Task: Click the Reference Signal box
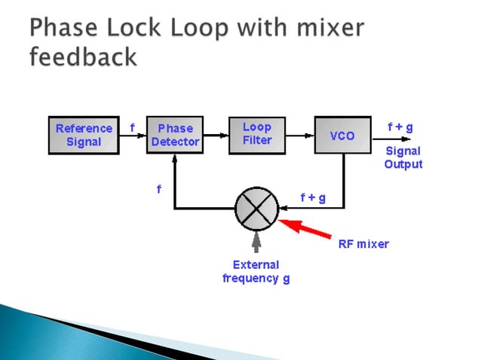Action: (x=84, y=136)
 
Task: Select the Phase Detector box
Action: (x=175, y=136)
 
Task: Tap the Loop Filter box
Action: (x=257, y=133)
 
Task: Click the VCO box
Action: (x=342, y=136)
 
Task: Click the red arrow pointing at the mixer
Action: (x=306, y=227)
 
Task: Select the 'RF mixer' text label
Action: (x=363, y=244)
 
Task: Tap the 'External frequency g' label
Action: (x=256, y=272)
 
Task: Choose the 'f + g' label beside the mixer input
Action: (x=312, y=197)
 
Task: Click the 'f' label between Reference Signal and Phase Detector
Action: (x=133, y=128)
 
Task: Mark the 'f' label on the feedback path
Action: (x=158, y=190)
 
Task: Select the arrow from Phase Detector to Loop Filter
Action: (x=217, y=136)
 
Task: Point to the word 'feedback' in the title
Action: (x=83, y=57)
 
